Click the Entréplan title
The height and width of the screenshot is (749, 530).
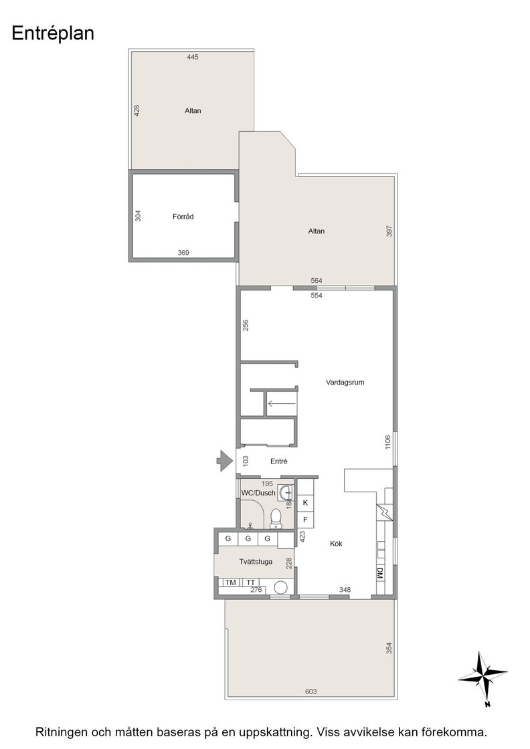pyautogui.click(x=53, y=34)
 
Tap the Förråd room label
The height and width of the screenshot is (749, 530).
pyautogui.click(x=183, y=217)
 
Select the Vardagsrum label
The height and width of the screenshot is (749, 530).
pyautogui.click(x=345, y=382)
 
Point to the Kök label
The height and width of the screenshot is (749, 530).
pyautogui.click(x=336, y=544)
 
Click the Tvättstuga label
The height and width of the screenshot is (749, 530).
pyautogui.click(x=256, y=562)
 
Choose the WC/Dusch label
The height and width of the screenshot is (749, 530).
pyautogui.click(x=258, y=493)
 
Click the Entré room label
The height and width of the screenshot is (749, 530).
pyautogui.click(x=278, y=461)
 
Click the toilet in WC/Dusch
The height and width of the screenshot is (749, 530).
pyautogui.click(x=276, y=519)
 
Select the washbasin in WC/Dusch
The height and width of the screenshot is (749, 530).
pyautogui.click(x=285, y=492)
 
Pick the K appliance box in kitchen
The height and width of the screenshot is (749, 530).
pyautogui.click(x=305, y=503)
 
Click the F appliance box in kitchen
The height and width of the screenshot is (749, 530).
pyautogui.click(x=305, y=520)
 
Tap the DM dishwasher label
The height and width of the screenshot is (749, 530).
pyautogui.click(x=380, y=574)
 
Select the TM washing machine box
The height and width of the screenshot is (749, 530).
pyautogui.click(x=231, y=582)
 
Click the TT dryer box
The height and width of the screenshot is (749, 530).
pyautogui.click(x=250, y=582)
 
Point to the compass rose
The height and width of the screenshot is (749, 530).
pyautogui.click(x=483, y=678)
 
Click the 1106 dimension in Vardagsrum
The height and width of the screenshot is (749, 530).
pyautogui.click(x=387, y=442)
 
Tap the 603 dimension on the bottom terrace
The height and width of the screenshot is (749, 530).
pyautogui.click(x=311, y=691)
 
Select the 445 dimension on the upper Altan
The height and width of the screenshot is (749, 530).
pyautogui.click(x=193, y=57)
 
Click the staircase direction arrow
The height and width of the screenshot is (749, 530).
pyautogui.click(x=282, y=404)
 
